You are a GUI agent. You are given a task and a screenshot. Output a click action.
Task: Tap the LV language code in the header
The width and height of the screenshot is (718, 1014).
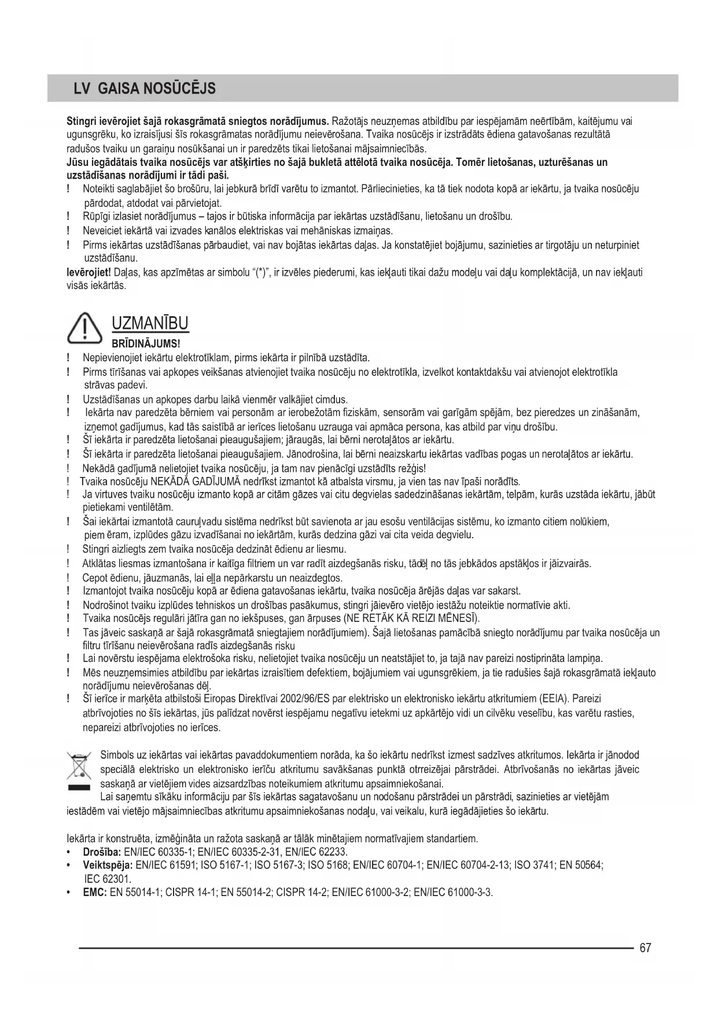(x=82, y=88)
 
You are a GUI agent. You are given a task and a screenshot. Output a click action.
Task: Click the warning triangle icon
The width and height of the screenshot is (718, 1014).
(x=84, y=328)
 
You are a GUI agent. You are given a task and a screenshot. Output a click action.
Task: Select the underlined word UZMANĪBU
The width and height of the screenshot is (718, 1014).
(x=150, y=323)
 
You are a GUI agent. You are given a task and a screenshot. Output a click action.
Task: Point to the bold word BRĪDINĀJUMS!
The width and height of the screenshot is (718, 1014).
(x=146, y=344)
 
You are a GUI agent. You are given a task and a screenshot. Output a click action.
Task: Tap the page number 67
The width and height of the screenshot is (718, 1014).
(x=646, y=948)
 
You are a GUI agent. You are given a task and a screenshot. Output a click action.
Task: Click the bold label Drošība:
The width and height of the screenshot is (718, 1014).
(x=102, y=852)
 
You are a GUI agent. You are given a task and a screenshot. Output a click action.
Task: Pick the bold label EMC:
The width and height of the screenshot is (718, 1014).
(x=95, y=893)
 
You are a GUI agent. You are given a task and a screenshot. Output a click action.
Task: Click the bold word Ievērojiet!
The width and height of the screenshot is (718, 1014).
(x=89, y=272)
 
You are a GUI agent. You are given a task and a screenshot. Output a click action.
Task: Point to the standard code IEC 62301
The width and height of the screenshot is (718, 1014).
(x=108, y=879)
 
